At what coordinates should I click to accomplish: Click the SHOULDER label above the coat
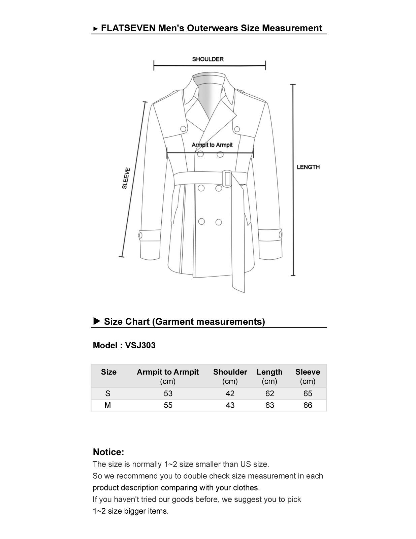click(x=207, y=59)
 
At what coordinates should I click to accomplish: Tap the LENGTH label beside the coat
click(x=308, y=167)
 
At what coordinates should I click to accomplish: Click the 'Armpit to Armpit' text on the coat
click(x=212, y=145)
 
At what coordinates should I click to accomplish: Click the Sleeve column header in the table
click(x=308, y=372)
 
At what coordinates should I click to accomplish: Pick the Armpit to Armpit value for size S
click(x=168, y=393)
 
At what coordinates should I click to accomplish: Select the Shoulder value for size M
click(x=230, y=405)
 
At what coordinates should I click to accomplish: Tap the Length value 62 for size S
click(x=269, y=393)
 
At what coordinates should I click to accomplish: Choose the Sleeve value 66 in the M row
click(x=308, y=405)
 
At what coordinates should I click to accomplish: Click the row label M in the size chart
click(x=108, y=405)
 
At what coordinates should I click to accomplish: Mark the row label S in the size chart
click(x=108, y=393)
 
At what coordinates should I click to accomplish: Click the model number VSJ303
click(x=140, y=345)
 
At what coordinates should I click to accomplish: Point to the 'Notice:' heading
click(x=108, y=452)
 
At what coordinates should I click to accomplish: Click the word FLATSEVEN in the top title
click(x=128, y=28)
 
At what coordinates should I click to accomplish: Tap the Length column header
click(x=269, y=372)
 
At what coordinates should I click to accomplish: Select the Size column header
click(x=108, y=372)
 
